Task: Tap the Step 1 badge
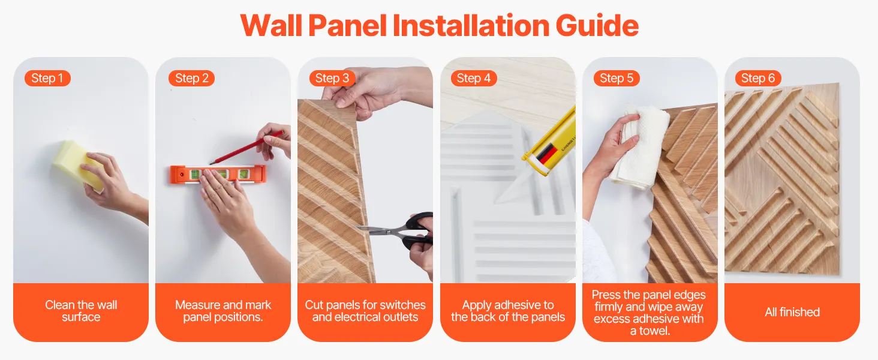pos(47,78)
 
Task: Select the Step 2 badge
pos(192,78)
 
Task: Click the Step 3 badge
pos(332,78)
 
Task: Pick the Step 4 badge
pos(474,78)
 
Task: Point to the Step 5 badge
pos(617,78)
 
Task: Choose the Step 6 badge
pos(758,78)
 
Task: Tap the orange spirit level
pos(218,175)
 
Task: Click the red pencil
pos(246,148)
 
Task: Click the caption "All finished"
pos(792,312)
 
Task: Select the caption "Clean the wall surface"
pos(81,311)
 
